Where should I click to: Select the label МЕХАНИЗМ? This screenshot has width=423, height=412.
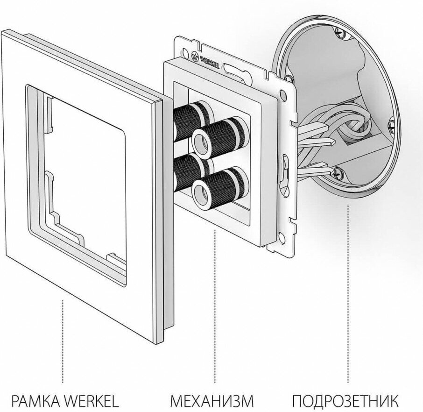(x=212, y=401)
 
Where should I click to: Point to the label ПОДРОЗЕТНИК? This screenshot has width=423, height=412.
(x=345, y=401)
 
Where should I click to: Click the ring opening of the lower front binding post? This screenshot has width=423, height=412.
(x=201, y=192)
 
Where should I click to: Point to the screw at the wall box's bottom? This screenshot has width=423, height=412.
(x=338, y=173)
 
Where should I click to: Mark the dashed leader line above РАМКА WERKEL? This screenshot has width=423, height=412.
(x=63, y=341)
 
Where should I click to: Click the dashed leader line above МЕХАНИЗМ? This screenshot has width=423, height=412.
(x=214, y=304)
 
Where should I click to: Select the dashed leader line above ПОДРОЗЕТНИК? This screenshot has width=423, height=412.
(x=348, y=290)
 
